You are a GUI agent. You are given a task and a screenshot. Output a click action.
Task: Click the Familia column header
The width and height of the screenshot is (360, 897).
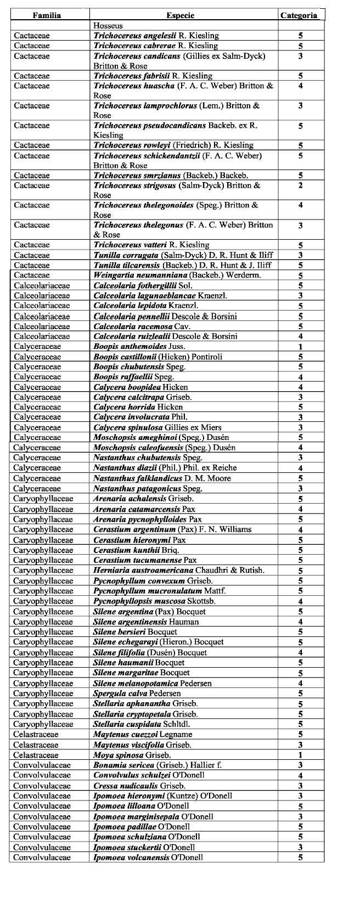pyautogui.click(x=46, y=15)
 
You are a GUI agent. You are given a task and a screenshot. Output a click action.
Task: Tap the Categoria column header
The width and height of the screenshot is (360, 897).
pyautogui.click(x=299, y=15)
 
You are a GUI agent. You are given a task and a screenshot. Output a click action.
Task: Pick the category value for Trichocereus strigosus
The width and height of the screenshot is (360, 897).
pyautogui.click(x=300, y=185)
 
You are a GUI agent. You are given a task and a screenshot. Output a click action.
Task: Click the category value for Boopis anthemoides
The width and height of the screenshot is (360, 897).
pyautogui.click(x=300, y=347)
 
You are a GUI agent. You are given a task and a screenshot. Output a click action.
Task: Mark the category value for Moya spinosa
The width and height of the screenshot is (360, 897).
pyautogui.click(x=300, y=755)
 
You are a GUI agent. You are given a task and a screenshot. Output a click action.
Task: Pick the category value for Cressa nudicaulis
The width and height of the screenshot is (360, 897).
pyautogui.click(x=300, y=786)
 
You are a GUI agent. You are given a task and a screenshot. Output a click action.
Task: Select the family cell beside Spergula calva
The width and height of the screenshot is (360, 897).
pyautogui.click(x=43, y=694)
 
